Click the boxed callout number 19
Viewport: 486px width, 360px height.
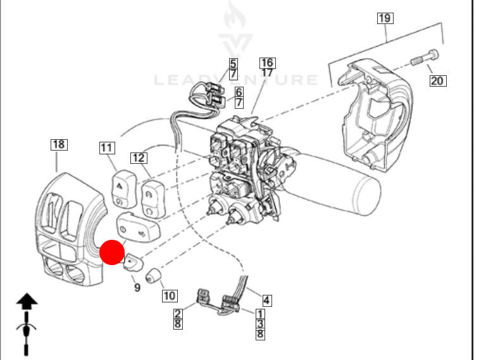[385, 18]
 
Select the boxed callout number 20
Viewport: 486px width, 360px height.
[437, 80]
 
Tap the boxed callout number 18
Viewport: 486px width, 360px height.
[58, 145]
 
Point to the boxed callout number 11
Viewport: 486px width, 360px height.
[107, 148]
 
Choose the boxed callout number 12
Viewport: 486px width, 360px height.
[139, 158]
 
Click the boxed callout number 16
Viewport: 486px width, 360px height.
[267, 63]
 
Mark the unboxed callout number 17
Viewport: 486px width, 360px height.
[267, 73]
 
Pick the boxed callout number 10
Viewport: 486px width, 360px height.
[169, 295]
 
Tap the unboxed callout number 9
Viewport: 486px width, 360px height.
[137, 288]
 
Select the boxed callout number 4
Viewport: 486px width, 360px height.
[267, 300]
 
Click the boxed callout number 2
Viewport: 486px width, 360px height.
[178, 313]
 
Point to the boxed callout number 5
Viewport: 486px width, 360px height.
[233, 63]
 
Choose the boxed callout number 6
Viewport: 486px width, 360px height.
[239, 92]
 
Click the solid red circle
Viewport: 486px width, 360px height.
[113, 252]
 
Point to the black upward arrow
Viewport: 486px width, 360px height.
[27, 301]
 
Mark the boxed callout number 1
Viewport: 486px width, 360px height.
[260, 313]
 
